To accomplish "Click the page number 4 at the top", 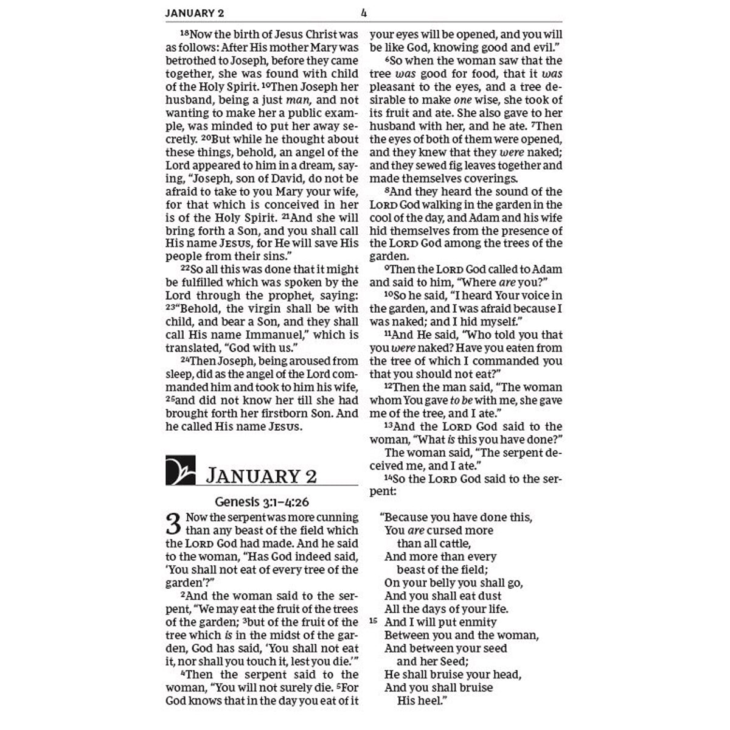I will click(364, 12).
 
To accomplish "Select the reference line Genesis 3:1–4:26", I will click(262, 503).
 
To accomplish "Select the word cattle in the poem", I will click(450, 543).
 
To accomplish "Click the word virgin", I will click(266, 309).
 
